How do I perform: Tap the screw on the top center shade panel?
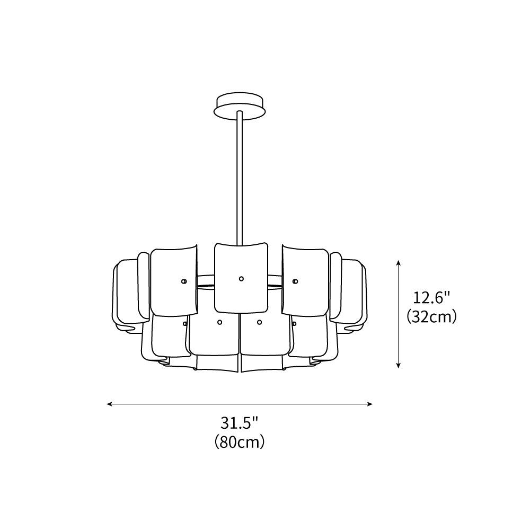(x=241, y=278)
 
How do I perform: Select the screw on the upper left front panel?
(x=183, y=281)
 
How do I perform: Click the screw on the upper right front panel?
(x=295, y=280)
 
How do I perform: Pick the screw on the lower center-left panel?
(x=219, y=322)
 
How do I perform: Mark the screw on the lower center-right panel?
(x=259, y=322)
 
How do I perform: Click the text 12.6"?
(x=432, y=298)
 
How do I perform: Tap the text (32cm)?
(x=432, y=317)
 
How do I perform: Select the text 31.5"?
(x=240, y=423)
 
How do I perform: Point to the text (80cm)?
(x=240, y=441)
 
